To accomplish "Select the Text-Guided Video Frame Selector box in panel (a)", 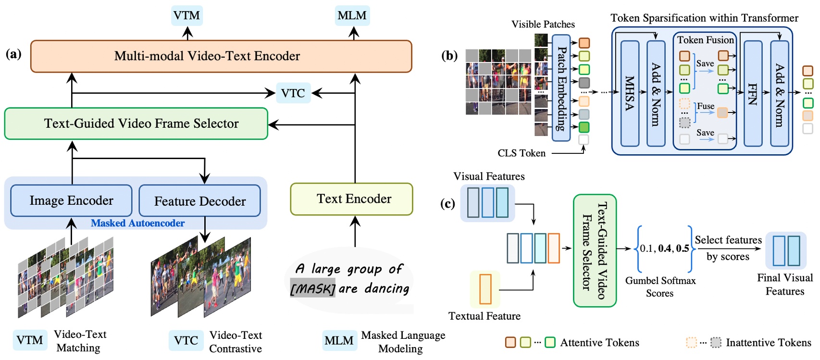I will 136,124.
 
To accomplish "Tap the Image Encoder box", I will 71,200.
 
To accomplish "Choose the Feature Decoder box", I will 199,201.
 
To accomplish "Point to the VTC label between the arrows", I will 293,93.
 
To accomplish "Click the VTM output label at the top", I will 187,15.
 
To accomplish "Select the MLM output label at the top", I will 352,15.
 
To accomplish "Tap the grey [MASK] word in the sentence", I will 312,289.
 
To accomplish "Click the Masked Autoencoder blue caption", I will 137,223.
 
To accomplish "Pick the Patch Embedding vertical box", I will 561,88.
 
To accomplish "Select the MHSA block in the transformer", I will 630,93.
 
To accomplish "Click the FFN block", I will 753,93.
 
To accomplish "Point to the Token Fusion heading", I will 705,40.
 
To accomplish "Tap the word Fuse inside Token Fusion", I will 706,106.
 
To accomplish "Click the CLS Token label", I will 522,153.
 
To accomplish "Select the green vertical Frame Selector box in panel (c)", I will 595,250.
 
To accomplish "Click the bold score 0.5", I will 683,248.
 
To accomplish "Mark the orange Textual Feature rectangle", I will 485,289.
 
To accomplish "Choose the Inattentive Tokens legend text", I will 768,343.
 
